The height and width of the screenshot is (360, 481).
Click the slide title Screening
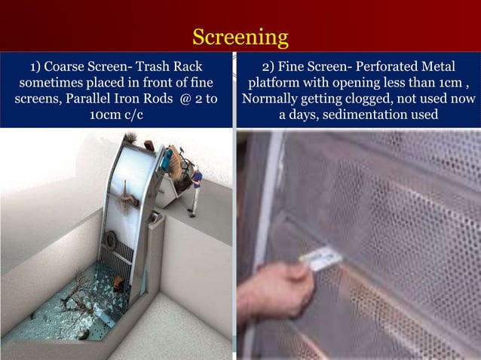(x=240, y=37)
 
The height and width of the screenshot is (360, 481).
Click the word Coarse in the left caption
(x=69, y=66)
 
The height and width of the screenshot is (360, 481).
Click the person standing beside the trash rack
(x=196, y=188)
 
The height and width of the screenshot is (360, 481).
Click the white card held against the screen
(x=320, y=260)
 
